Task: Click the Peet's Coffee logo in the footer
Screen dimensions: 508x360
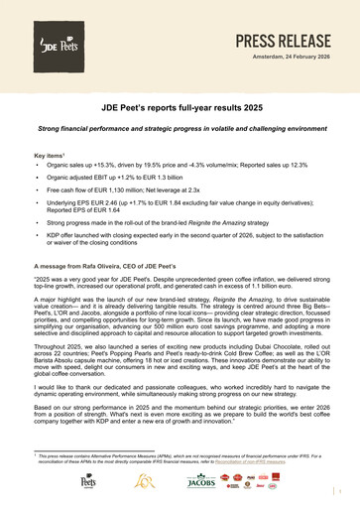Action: (92, 483)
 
